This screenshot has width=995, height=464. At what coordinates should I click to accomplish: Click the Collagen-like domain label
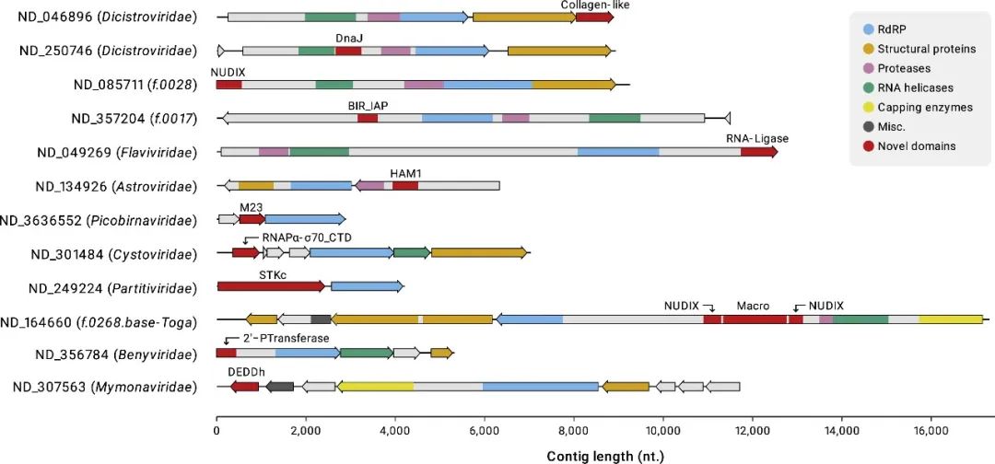point(595,6)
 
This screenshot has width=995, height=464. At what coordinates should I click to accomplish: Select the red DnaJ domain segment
point(348,51)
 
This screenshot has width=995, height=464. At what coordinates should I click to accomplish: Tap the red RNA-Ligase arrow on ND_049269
point(758,152)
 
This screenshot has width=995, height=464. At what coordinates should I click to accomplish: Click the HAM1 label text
point(405,173)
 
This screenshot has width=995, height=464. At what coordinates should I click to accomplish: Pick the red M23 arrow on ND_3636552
point(252,219)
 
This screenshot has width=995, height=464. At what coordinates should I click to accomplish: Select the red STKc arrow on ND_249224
point(271,286)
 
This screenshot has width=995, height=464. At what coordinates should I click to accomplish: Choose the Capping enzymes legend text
point(925,107)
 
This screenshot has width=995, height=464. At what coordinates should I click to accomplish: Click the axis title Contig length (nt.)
point(604,455)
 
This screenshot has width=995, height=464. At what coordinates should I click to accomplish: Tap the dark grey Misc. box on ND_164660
point(321,319)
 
